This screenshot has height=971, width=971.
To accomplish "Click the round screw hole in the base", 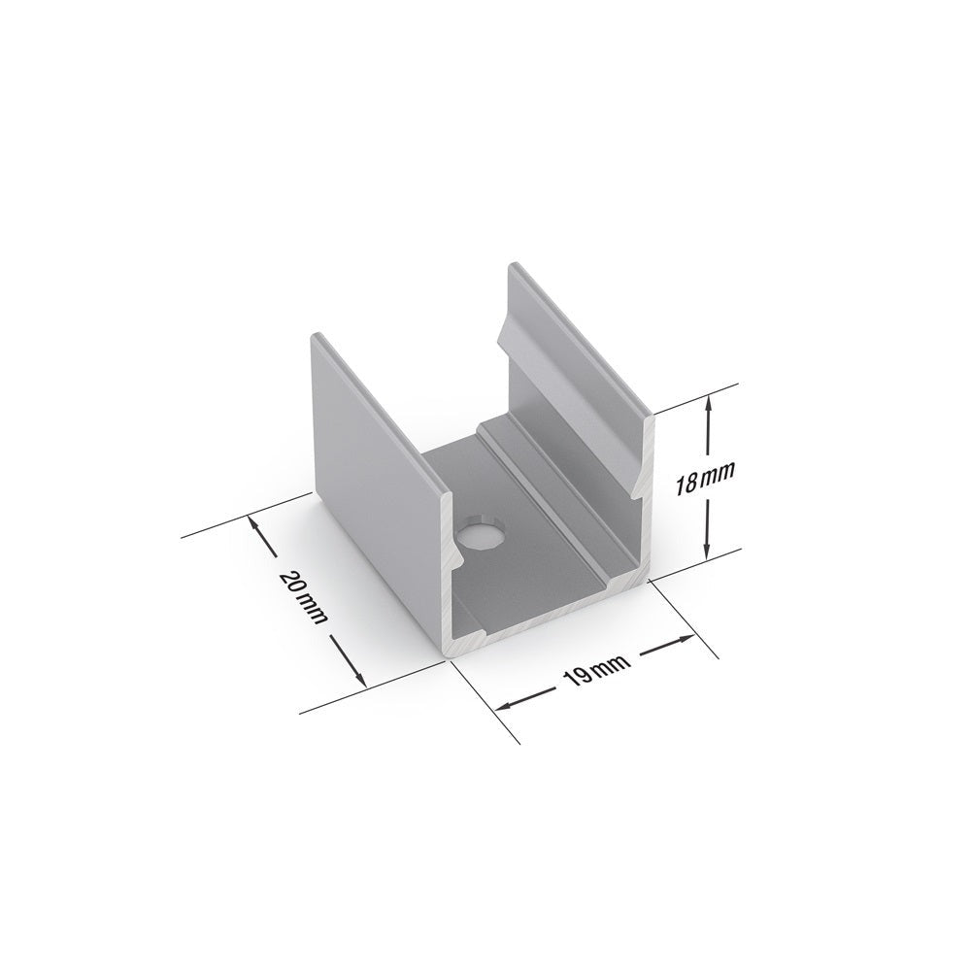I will coord(481,536).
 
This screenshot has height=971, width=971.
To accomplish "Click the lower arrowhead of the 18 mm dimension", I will coord(711,552).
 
